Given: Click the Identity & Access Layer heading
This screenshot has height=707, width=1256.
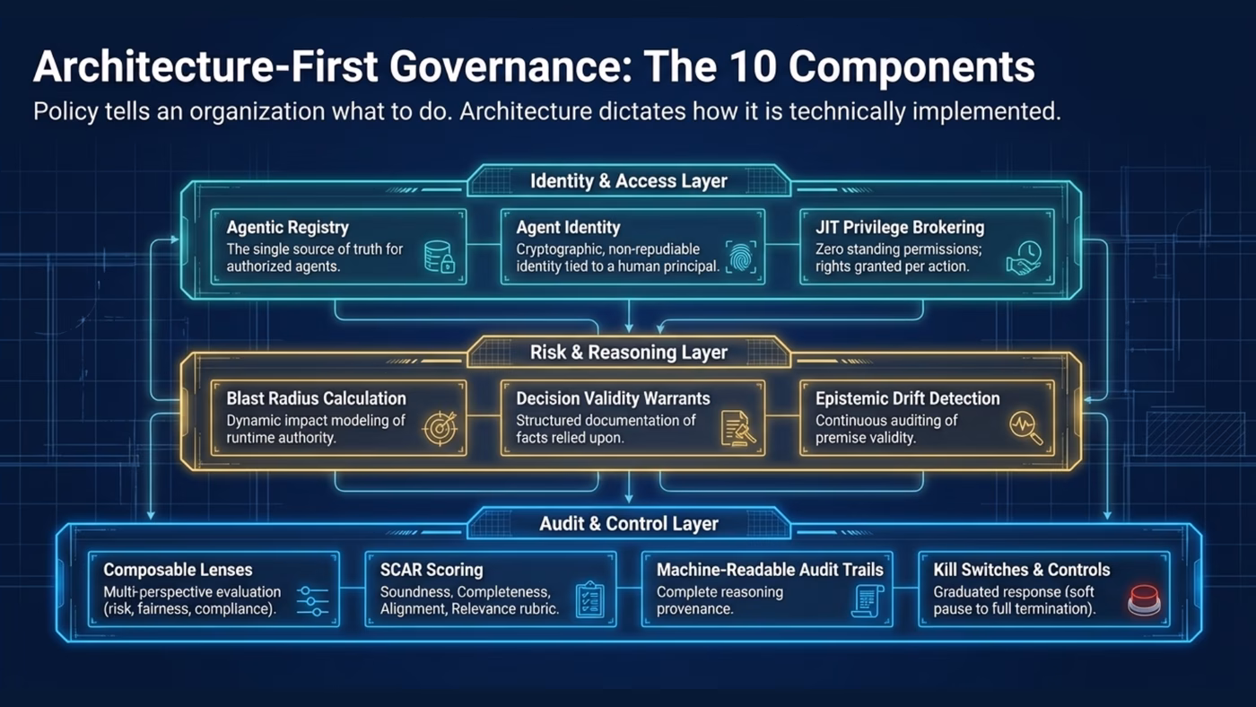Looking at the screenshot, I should [x=628, y=181].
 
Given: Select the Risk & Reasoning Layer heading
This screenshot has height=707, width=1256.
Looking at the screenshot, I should [x=628, y=353].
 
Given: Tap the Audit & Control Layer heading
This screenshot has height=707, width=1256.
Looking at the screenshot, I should [x=628, y=524].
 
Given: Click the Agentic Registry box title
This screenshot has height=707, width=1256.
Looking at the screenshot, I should [x=287, y=228].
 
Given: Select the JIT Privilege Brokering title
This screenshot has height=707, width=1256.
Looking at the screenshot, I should [x=899, y=228].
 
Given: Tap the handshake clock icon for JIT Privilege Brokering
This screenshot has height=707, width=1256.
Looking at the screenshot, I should [x=1024, y=257].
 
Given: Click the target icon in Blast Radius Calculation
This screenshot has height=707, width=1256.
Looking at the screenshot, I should [x=439, y=427].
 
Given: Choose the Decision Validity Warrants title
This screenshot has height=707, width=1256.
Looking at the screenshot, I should [x=613, y=398].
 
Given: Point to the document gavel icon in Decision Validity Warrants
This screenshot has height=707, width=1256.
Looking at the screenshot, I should [x=738, y=427].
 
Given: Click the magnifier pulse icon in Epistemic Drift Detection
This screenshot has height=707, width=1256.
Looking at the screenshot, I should [x=1025, y=427].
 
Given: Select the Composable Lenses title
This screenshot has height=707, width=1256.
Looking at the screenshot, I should [x=178, y=570].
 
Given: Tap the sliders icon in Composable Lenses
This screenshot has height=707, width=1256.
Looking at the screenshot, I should [x=313, y=599].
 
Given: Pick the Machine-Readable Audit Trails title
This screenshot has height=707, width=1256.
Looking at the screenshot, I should [x=770, y=570].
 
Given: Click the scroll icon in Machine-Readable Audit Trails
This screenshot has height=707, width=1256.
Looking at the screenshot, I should [x=867, y=599].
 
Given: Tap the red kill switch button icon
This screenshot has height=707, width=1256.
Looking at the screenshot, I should [x=1144, y=598].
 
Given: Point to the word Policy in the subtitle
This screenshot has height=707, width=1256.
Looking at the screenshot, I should [x=61, y=113].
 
